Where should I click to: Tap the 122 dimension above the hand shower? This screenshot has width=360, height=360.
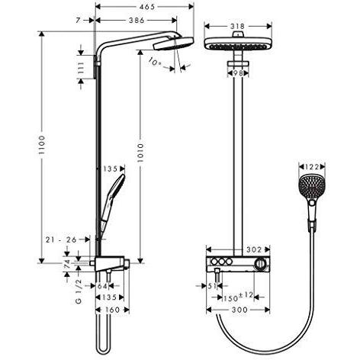coord(313,166)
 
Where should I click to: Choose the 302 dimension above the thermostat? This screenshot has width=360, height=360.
coord(255,249)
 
